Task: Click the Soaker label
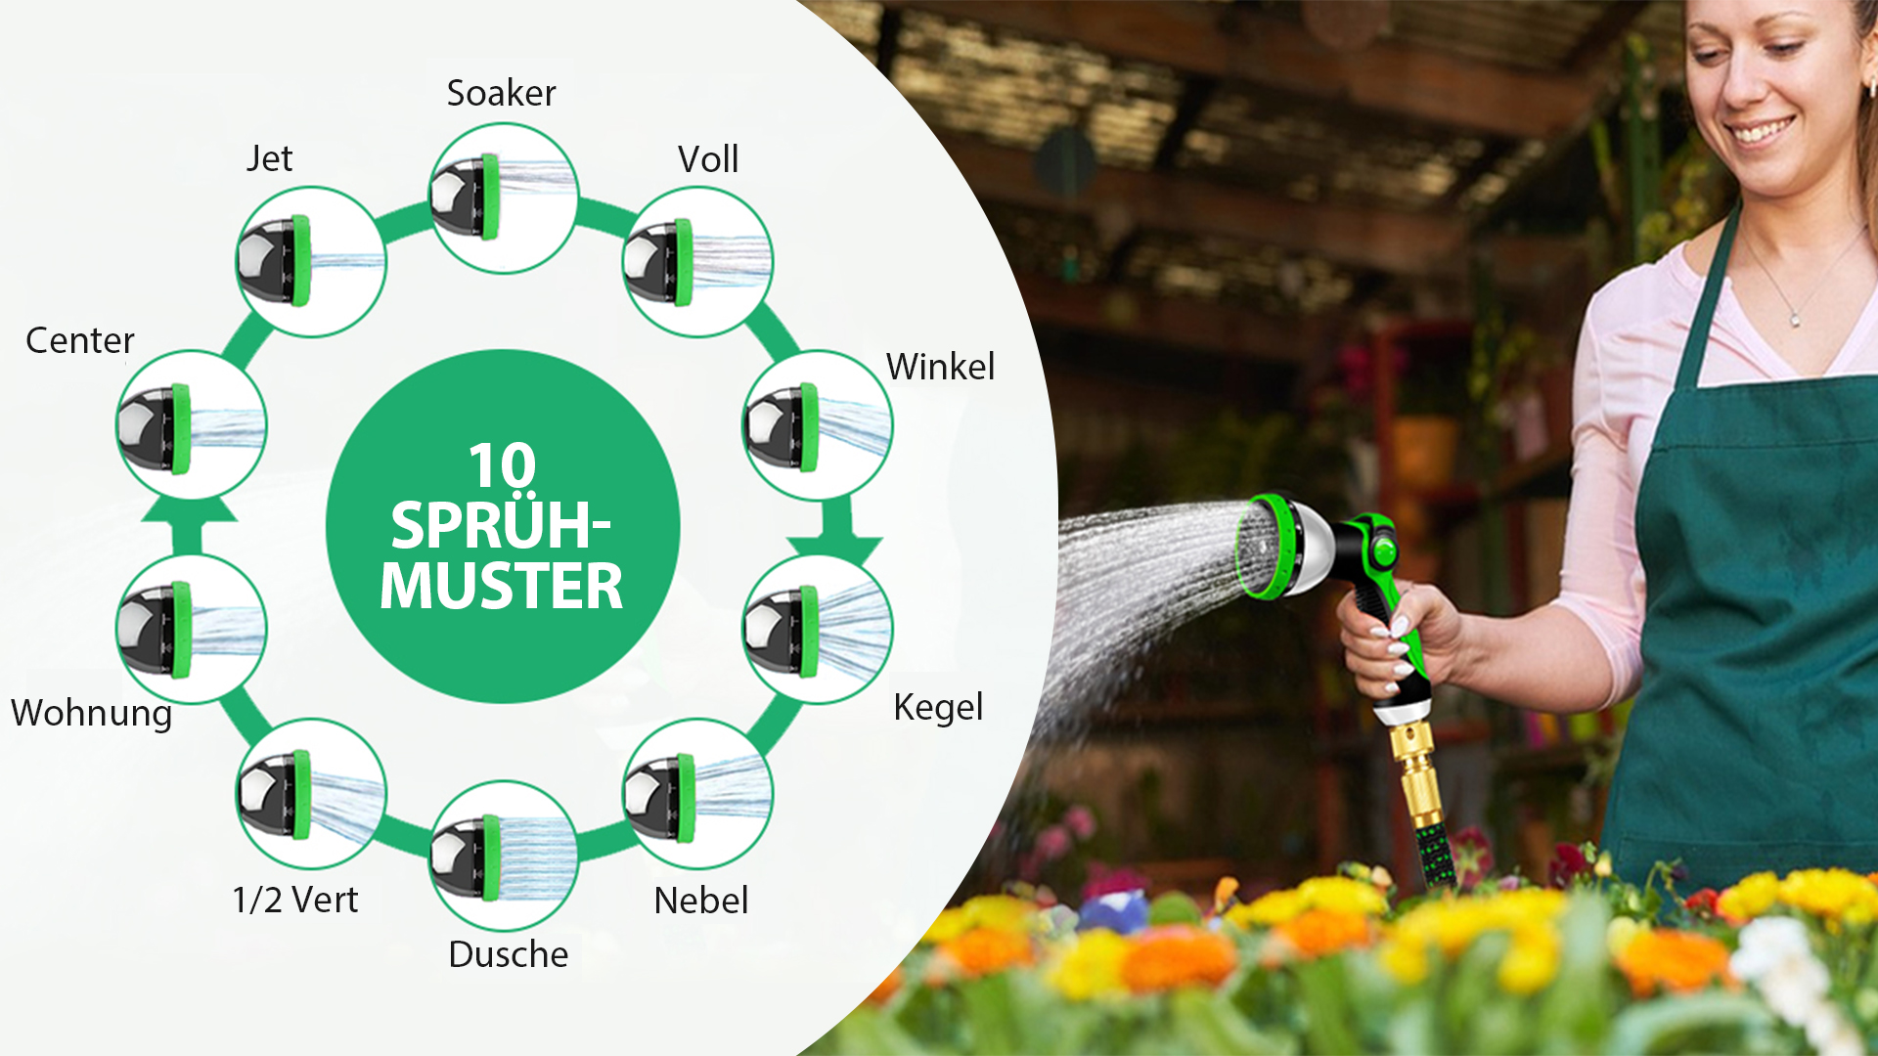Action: (501, 93)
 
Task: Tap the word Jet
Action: (269, 158)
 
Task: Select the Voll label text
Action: (708, 159)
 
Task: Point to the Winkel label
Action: (940, 367)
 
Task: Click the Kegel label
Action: (938, 708)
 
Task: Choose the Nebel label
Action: (701, 901)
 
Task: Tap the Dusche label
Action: (509, 954)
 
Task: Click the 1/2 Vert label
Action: (295, 900)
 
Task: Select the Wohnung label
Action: (92, 714)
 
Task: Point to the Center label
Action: (80, 340)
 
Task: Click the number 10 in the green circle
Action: (502, 465)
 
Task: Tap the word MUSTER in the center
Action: (502, 587)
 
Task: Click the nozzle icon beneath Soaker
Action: (503, 198)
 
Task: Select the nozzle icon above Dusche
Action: (503, 856)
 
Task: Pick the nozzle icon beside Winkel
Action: (818, 425)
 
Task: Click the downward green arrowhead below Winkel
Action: (835, 549)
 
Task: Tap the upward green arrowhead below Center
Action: (190, 509)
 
